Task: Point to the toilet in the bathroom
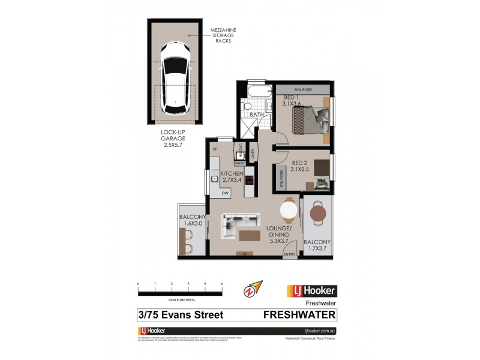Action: point(245,107)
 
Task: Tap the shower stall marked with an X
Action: point(247,127)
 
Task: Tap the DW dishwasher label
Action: point(226,193)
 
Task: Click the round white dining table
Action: point(289,211)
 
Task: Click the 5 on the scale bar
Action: point(222,283)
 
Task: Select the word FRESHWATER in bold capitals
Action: point(300,314)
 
